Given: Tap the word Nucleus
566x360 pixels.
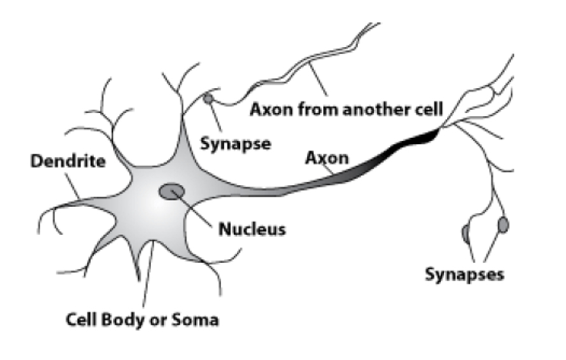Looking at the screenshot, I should pyautogui.click(x=252, y=228).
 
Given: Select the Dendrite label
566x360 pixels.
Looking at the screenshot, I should pyautogui.click(x=68, y=161).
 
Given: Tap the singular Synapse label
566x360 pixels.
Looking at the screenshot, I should pyautogui.click(x=236, y=144).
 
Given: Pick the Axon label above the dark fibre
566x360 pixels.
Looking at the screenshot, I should pyautogui.click(x=327, y=157).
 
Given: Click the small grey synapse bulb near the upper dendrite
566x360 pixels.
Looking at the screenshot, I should pyautogui.click(x=208, y=99).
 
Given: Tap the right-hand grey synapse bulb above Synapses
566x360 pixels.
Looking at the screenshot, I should pyautogui.click(x=503, y=224).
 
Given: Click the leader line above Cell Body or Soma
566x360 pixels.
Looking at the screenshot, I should pyautogui.click(x=148, y=274).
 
